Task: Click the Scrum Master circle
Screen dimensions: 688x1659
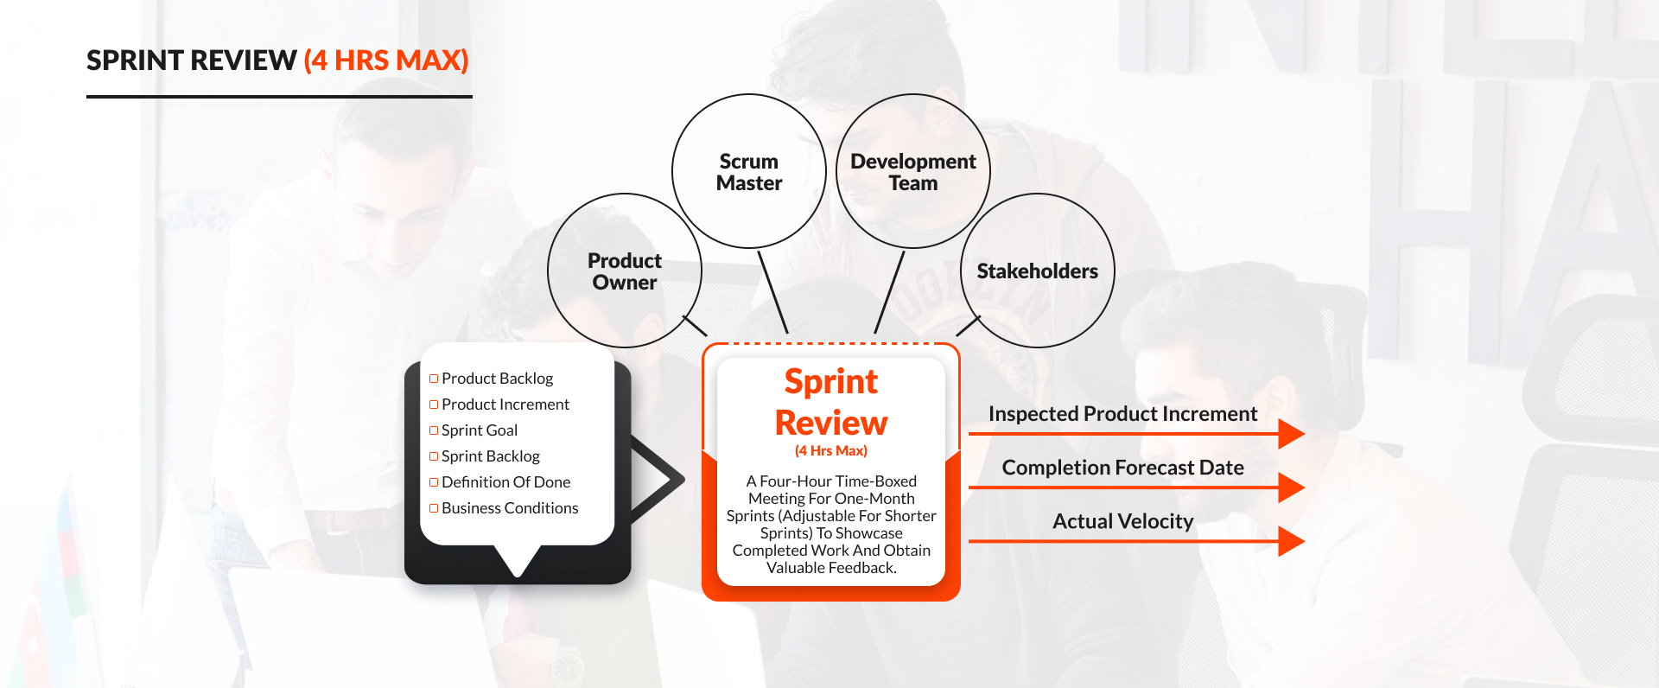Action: point(749,172)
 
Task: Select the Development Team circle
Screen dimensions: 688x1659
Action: point(913,172)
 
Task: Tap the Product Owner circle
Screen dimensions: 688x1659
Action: point(625,271)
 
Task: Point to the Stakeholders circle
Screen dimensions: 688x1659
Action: point(1037,271)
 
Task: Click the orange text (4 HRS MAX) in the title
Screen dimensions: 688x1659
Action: point(386,61)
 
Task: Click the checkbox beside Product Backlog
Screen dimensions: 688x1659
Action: point(434,379)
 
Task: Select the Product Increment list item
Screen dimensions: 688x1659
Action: point(505,405)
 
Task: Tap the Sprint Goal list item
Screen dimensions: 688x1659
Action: point(479,430)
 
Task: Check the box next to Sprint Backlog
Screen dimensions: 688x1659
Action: point(434,456)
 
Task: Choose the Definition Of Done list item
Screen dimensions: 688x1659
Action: point(505,482)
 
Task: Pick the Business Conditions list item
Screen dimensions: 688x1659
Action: point(510,508)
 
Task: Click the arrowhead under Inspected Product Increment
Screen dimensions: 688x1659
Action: point(1291,433)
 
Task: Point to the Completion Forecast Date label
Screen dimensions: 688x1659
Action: point(1122,468)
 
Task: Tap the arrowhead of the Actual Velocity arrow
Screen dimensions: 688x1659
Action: point(1291,541)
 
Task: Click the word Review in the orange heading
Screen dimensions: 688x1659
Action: point(831,423)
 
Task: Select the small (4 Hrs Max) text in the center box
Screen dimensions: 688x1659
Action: point(831,451)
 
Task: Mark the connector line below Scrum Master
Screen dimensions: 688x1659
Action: point(772,291)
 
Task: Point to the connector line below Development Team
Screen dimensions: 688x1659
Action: point(890,291)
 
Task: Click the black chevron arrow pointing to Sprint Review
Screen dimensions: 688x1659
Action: point(661,478)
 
